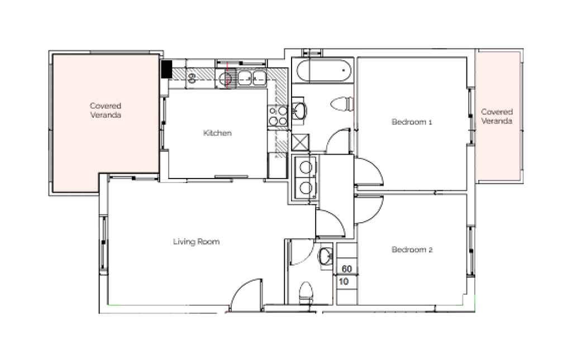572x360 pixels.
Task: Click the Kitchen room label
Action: point(217,133)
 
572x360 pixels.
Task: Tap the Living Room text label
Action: point(196,242)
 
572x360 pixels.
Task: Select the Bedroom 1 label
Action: point(412,122)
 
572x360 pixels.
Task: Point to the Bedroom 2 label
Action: point(412,249)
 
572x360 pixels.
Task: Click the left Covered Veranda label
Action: point(106,110)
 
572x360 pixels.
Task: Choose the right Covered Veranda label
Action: point(497,116)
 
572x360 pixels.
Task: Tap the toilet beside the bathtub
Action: point(342,104)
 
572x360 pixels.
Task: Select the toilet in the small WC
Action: point(306,292)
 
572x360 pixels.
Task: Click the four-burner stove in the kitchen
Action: point(278,116)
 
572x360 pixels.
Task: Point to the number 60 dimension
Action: point(347,269)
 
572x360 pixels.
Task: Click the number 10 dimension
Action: point(344,281)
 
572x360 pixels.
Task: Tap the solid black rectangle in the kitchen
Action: point(166,69)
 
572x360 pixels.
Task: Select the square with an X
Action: point(301,142)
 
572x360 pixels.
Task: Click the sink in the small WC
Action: point(325,256)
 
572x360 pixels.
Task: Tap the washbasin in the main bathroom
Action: point(300,111)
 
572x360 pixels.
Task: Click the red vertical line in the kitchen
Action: point(227,75)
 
